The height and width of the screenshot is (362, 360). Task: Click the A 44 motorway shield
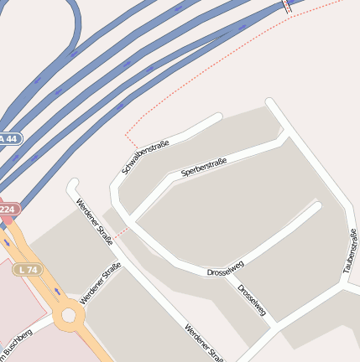8,138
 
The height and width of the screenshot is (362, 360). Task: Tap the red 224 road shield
7,209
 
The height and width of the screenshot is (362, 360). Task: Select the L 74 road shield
28,269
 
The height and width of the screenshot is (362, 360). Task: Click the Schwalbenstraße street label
145,156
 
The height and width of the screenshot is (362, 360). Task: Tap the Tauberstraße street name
349,255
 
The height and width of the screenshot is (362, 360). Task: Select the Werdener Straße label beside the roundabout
100,283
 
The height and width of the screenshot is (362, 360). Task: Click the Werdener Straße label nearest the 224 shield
94,216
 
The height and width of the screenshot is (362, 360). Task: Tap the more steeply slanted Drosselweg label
252,302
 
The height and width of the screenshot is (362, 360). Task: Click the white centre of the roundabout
68,315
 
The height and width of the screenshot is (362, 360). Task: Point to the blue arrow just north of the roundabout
56,291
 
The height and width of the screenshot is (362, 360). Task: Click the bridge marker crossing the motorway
287,6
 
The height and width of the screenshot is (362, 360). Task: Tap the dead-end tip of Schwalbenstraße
217,117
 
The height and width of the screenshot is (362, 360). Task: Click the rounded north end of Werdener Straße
72,184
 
